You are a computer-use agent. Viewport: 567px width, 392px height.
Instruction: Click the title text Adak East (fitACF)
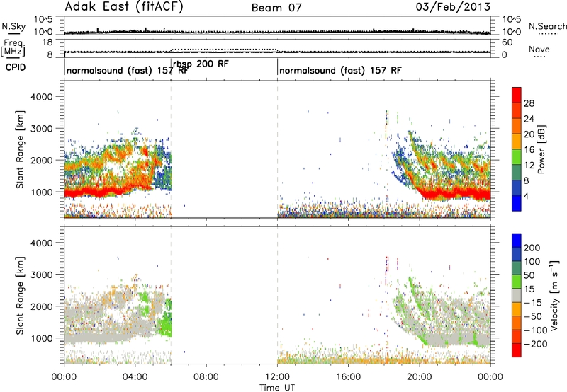pos(124,7)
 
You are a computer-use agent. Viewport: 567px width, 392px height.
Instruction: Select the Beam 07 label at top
pos(276,8)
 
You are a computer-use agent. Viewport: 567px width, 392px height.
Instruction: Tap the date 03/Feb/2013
pos(453,7)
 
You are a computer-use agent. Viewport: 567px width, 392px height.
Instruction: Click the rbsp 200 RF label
pos(201,64)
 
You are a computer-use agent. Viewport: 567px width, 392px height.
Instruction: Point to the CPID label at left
pos(16,67)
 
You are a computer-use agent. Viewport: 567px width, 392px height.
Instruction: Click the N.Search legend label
pos(547,26)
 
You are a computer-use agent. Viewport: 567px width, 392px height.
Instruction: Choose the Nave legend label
pos(539,49)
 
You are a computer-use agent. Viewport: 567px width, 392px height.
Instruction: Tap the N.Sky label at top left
pos(13,26)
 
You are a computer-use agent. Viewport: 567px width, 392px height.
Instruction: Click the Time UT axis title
pos(277,388)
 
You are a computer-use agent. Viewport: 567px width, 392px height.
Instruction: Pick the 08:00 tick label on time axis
pos(206,377)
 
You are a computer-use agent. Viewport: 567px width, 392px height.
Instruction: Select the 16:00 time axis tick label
pos(348,377)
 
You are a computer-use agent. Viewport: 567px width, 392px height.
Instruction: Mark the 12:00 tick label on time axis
pos(277,377)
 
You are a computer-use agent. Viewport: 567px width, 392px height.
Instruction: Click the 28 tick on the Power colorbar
pos(529,103)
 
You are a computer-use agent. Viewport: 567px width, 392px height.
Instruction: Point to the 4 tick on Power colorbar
pos(526,196)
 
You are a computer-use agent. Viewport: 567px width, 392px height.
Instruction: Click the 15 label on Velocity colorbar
pos(529,289)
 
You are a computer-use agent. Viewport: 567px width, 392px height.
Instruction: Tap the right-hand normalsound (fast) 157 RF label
pos(340,70)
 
